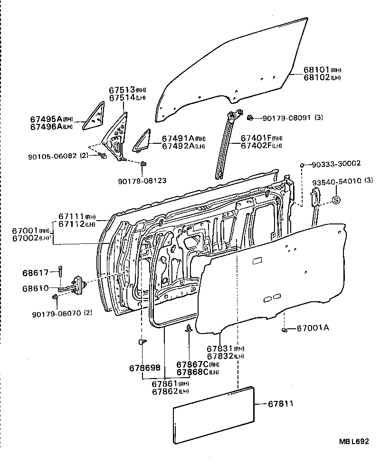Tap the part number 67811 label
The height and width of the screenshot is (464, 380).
tap(281, 404)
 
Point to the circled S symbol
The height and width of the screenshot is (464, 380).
tap(335, 200)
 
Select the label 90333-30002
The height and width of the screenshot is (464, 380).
tap(336, 164)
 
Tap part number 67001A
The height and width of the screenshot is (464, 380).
tap(313, 328)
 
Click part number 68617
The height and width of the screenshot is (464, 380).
tap(35, 273)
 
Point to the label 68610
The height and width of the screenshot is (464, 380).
tap(35, 288)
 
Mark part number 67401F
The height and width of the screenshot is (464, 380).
tap(255, 138)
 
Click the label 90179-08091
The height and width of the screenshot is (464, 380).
tap(286, 117)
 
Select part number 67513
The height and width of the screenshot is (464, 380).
tap(122, 90)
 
